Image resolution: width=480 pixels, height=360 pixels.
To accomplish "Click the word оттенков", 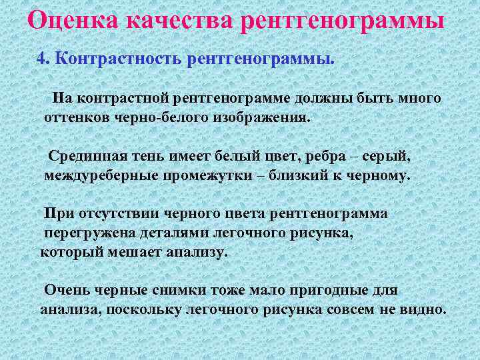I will point(74,118).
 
